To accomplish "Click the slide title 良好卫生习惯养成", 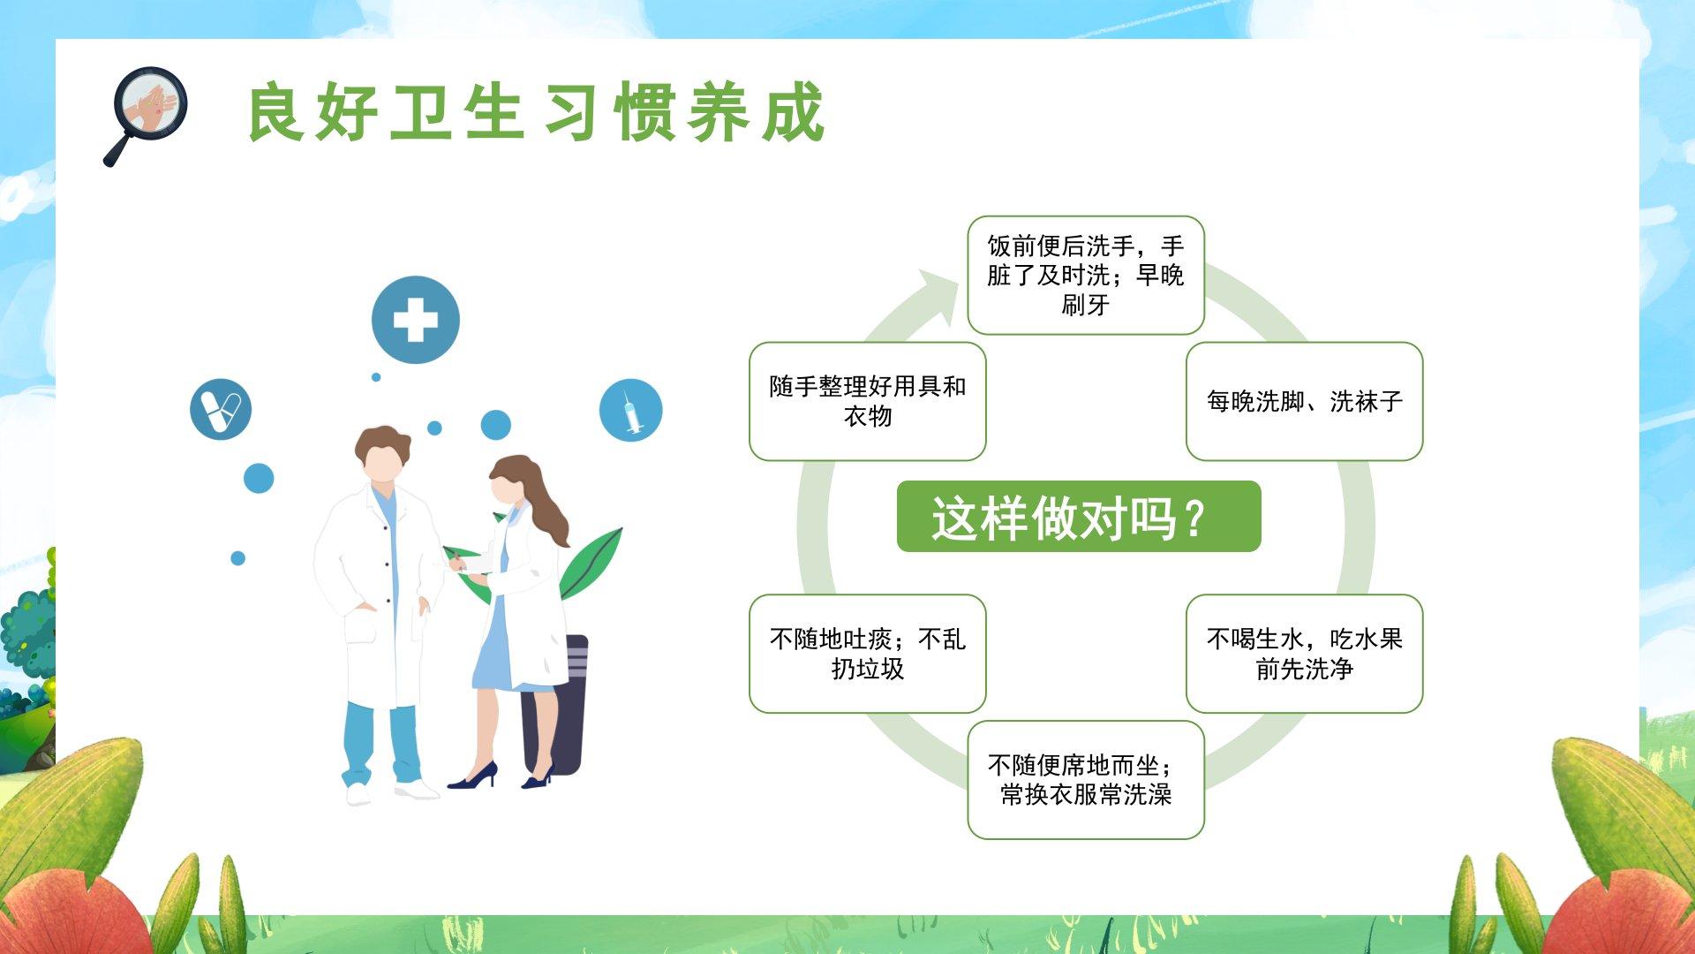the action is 536,112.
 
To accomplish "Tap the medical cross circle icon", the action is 416,320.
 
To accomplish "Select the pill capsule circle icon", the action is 221,410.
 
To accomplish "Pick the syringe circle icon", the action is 630,410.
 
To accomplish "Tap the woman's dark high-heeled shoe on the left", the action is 473,776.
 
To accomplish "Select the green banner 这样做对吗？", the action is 1079,517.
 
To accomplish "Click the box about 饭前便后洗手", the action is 1086,276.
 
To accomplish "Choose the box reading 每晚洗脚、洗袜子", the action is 1304,401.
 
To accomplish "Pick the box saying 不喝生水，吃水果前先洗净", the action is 1304,654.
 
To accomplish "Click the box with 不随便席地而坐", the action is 1086,780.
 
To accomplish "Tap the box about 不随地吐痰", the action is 868,654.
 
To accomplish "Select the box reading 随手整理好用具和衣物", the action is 868,401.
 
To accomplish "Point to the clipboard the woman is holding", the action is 472,563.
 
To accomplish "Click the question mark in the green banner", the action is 1194,519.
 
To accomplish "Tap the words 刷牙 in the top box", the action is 1086,306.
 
